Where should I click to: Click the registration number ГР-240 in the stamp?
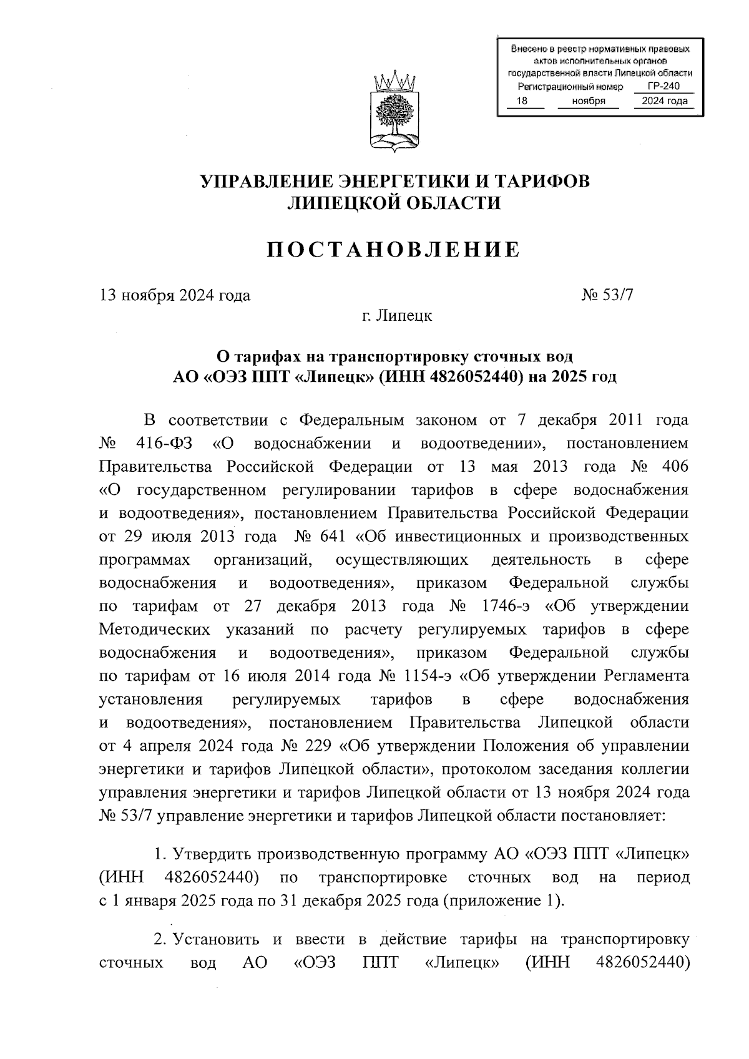tap(663, 87)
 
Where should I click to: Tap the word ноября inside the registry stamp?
tap(587, 101)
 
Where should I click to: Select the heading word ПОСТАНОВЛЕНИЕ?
tap(394, 250)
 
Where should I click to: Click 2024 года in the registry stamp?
tap(664, 101)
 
